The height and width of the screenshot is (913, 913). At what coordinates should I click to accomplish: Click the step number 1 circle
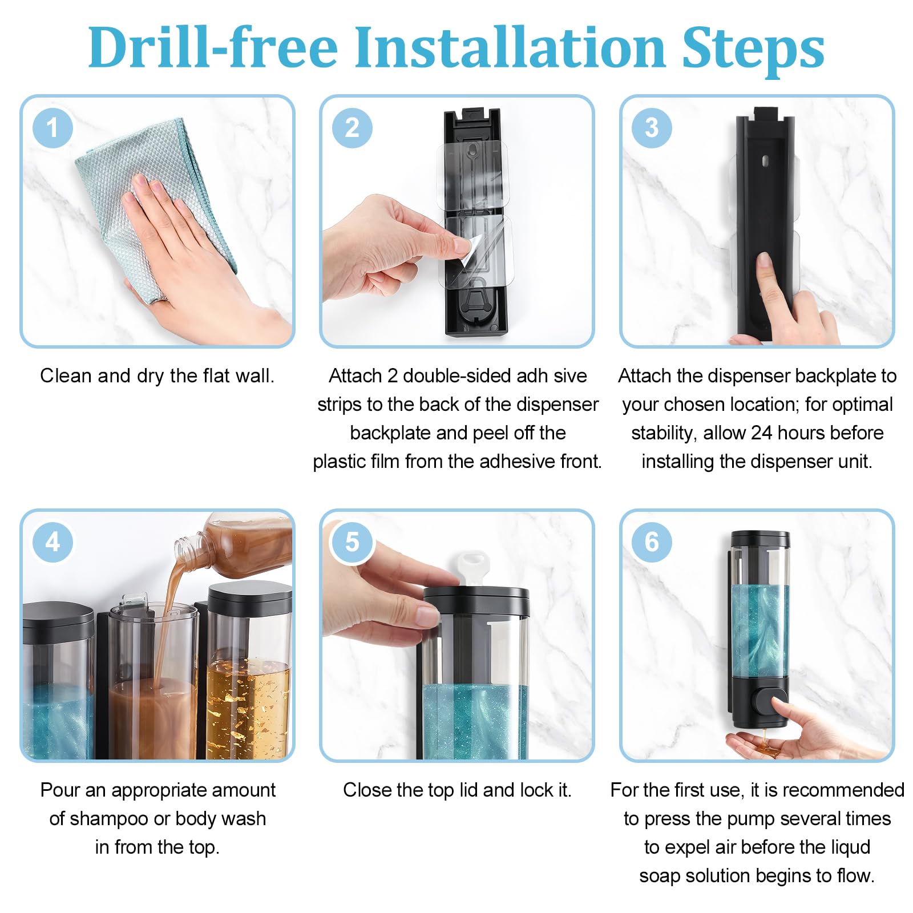tap(53, 128)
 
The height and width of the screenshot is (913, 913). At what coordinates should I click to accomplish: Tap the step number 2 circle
tap(352, 128)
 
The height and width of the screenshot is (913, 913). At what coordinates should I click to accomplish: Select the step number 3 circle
tap(652, 128)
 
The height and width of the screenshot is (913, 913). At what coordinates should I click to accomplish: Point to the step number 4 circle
tap(53, 542)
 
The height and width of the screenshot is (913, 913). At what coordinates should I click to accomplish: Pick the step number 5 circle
tap(352, 542)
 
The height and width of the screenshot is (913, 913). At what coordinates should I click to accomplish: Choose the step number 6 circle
tap(652, 542)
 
